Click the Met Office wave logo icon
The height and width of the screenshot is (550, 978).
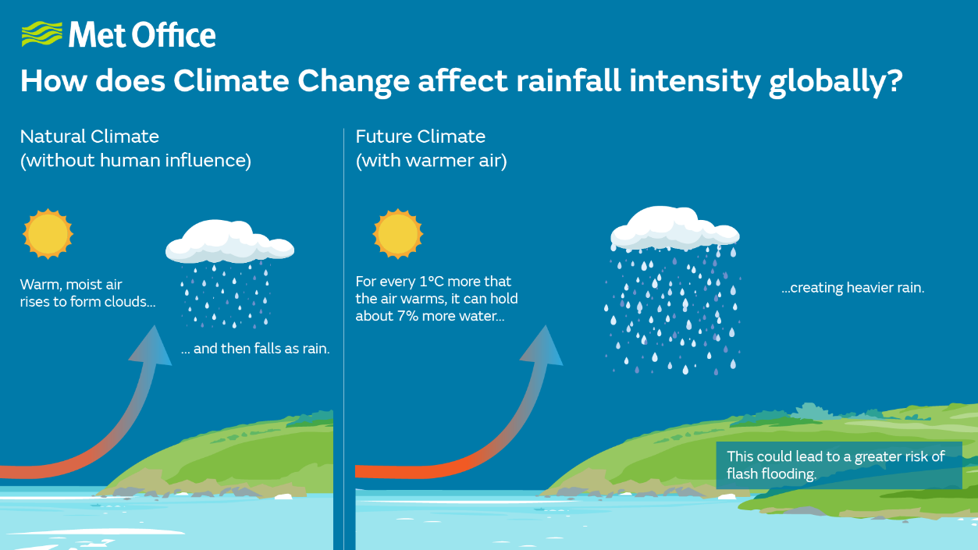point(41,35)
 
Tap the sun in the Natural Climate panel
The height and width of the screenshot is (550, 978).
point(48,233)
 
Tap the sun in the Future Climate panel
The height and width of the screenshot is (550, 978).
point(398,233)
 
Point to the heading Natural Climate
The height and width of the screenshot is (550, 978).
point(90,137)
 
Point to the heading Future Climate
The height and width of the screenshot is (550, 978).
point(421,137)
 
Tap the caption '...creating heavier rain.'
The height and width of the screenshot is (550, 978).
point(852,288)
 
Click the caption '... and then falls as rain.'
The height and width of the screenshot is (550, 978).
point(255,349)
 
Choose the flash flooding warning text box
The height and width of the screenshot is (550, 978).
point(838,465)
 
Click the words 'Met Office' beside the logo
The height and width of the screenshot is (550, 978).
point(142,35)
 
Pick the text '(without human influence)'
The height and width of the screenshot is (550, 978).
point(136,161)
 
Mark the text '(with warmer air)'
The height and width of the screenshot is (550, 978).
point(432,161)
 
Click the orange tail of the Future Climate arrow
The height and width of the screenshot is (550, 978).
point(390,470)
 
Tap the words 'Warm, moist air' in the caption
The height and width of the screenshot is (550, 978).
point(71,285)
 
